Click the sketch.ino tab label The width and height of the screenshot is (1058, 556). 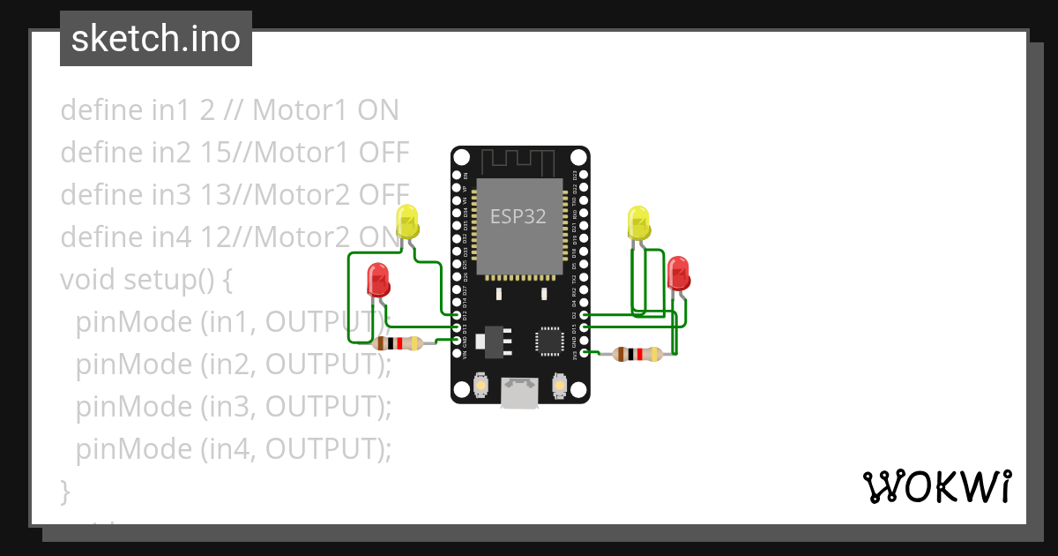[156, 39]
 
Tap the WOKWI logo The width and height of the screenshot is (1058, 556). [935, 487]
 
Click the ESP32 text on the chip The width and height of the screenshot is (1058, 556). [518, 216]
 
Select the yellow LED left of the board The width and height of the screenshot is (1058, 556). [407, 221]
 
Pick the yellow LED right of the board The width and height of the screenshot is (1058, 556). [639, 222]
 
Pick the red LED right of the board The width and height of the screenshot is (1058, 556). [678, 273]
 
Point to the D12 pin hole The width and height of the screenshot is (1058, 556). [457, 315]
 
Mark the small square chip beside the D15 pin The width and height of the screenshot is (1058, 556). [549, 341]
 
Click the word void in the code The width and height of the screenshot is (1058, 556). [88, 280]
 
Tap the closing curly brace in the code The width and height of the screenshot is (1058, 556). [65, 489]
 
